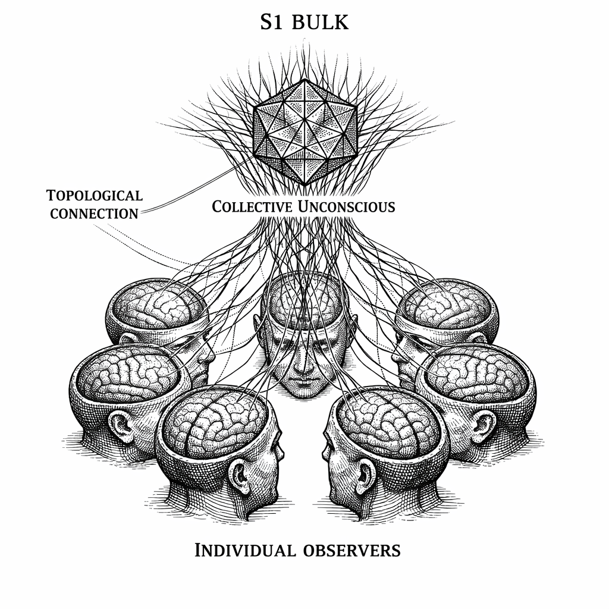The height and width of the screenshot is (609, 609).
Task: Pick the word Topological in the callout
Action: [x=94, y=196]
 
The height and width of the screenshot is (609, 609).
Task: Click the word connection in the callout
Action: [x=94, y=214]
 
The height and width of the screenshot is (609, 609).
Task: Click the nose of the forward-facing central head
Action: [x=304, y=367]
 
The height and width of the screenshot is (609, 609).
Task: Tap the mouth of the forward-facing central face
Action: [x=304, y=384]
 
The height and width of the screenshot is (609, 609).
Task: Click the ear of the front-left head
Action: [x=240, y=476]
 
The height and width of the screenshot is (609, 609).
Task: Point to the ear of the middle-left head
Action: [x=121, y=426]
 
